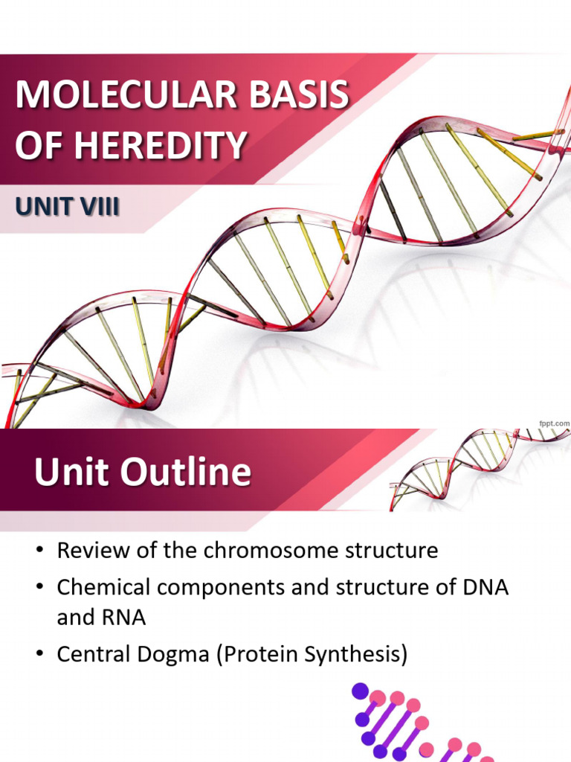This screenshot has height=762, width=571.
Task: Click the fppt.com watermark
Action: tap(554, 423)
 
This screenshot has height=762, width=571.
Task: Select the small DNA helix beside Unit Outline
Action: tap(476, 465)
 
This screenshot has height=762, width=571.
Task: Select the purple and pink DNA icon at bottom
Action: tap(416, 722)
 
